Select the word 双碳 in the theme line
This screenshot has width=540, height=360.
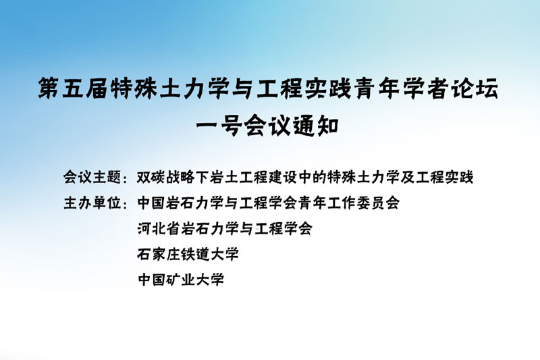(x=151, y=178)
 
